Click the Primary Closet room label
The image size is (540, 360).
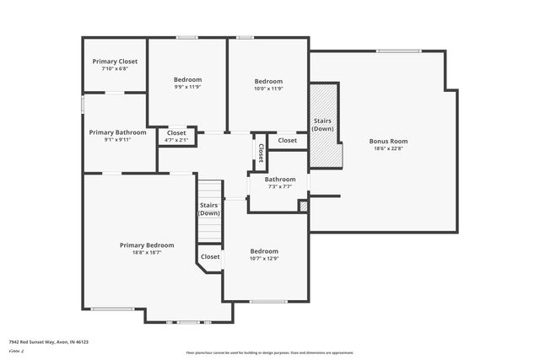click(114, 62)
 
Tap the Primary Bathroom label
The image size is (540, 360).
click(118, 132)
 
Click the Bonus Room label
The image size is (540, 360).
click(388, 141)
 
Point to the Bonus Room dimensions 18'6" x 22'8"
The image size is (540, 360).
click(388, 148)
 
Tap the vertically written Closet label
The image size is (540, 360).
click(261, 153)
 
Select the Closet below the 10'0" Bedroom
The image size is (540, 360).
click(287, 140)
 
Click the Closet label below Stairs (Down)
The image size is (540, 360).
click(210, 256)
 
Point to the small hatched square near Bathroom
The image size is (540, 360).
click(304, 205)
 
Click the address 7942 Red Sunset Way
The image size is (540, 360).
click(49, 342)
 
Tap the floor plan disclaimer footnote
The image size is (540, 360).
click(269, 352)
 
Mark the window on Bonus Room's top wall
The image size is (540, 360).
click(398, 51)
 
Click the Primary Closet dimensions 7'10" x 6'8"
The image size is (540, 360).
click(114, 69)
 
